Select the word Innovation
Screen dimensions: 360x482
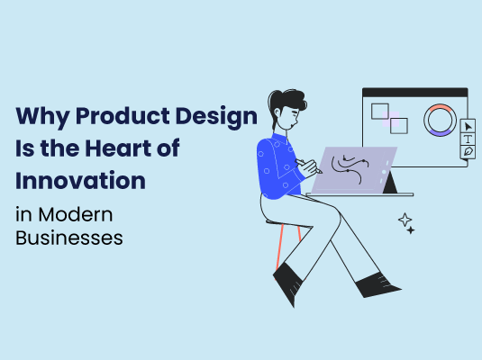80,180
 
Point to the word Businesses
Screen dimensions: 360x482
68,238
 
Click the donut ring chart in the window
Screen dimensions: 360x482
441,121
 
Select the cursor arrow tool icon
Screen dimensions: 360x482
468,125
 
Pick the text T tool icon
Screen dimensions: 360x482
468,139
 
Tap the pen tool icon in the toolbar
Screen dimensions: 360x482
468,152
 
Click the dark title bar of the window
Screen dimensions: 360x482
414,92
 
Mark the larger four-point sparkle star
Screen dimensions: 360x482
405,219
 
